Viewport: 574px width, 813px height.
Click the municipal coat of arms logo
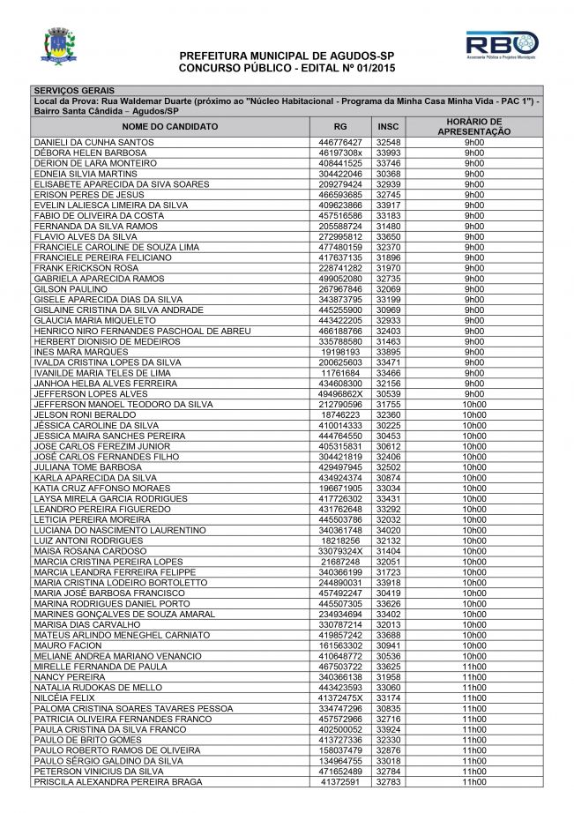tap(58, 46)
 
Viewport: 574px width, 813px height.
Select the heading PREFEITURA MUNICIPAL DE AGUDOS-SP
tap(287, 56)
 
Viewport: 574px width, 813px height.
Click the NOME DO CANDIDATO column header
tap(174, 126)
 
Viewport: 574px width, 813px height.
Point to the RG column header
tap(340, 126)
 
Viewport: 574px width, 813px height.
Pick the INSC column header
tap(388, 126)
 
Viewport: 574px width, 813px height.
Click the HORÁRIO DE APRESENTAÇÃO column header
tap(474, 126)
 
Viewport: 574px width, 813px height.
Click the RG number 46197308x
tap(340, 153)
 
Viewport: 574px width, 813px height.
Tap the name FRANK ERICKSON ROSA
tap(86, 268)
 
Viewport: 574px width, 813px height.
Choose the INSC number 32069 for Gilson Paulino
tap(388, 289)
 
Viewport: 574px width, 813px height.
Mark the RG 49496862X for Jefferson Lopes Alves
tap(340, 393)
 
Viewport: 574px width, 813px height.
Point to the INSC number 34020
tap(388, 530)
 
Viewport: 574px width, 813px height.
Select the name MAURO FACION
tap(69, 645)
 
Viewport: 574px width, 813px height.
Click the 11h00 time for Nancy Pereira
tap(474, 677)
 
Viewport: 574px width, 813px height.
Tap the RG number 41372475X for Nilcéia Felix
tap(340, 697)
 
